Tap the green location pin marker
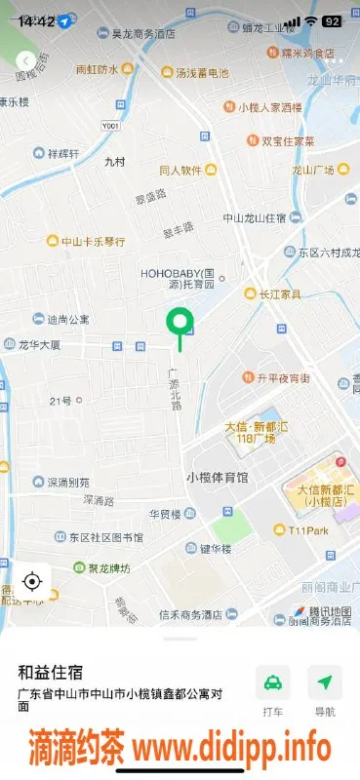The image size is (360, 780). coord(179,322)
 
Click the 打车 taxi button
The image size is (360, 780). coord(273,691)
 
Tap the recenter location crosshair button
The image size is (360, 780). coord(31,582)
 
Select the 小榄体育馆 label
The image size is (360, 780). coord(217,477)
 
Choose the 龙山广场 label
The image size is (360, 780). coord(313,170)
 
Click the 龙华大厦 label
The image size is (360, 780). coord(39,345)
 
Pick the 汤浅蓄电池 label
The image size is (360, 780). coord(202,72)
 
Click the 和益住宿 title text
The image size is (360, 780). coord(50,672)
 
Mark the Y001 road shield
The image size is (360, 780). coord(111,126)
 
